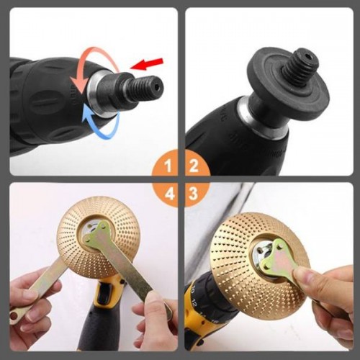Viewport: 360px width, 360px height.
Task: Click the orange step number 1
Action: point(168,166)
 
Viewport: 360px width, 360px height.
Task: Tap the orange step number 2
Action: point(194,166)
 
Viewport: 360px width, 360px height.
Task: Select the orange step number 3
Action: point(194,194)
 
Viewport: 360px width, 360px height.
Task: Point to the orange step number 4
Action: point(169,194)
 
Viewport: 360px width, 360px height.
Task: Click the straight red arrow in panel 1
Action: point(146,64)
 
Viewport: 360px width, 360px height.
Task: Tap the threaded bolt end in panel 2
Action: point(304,61)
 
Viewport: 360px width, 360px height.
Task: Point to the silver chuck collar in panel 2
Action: point(261,117)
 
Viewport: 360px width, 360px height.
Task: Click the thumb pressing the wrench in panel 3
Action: point(305,276)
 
